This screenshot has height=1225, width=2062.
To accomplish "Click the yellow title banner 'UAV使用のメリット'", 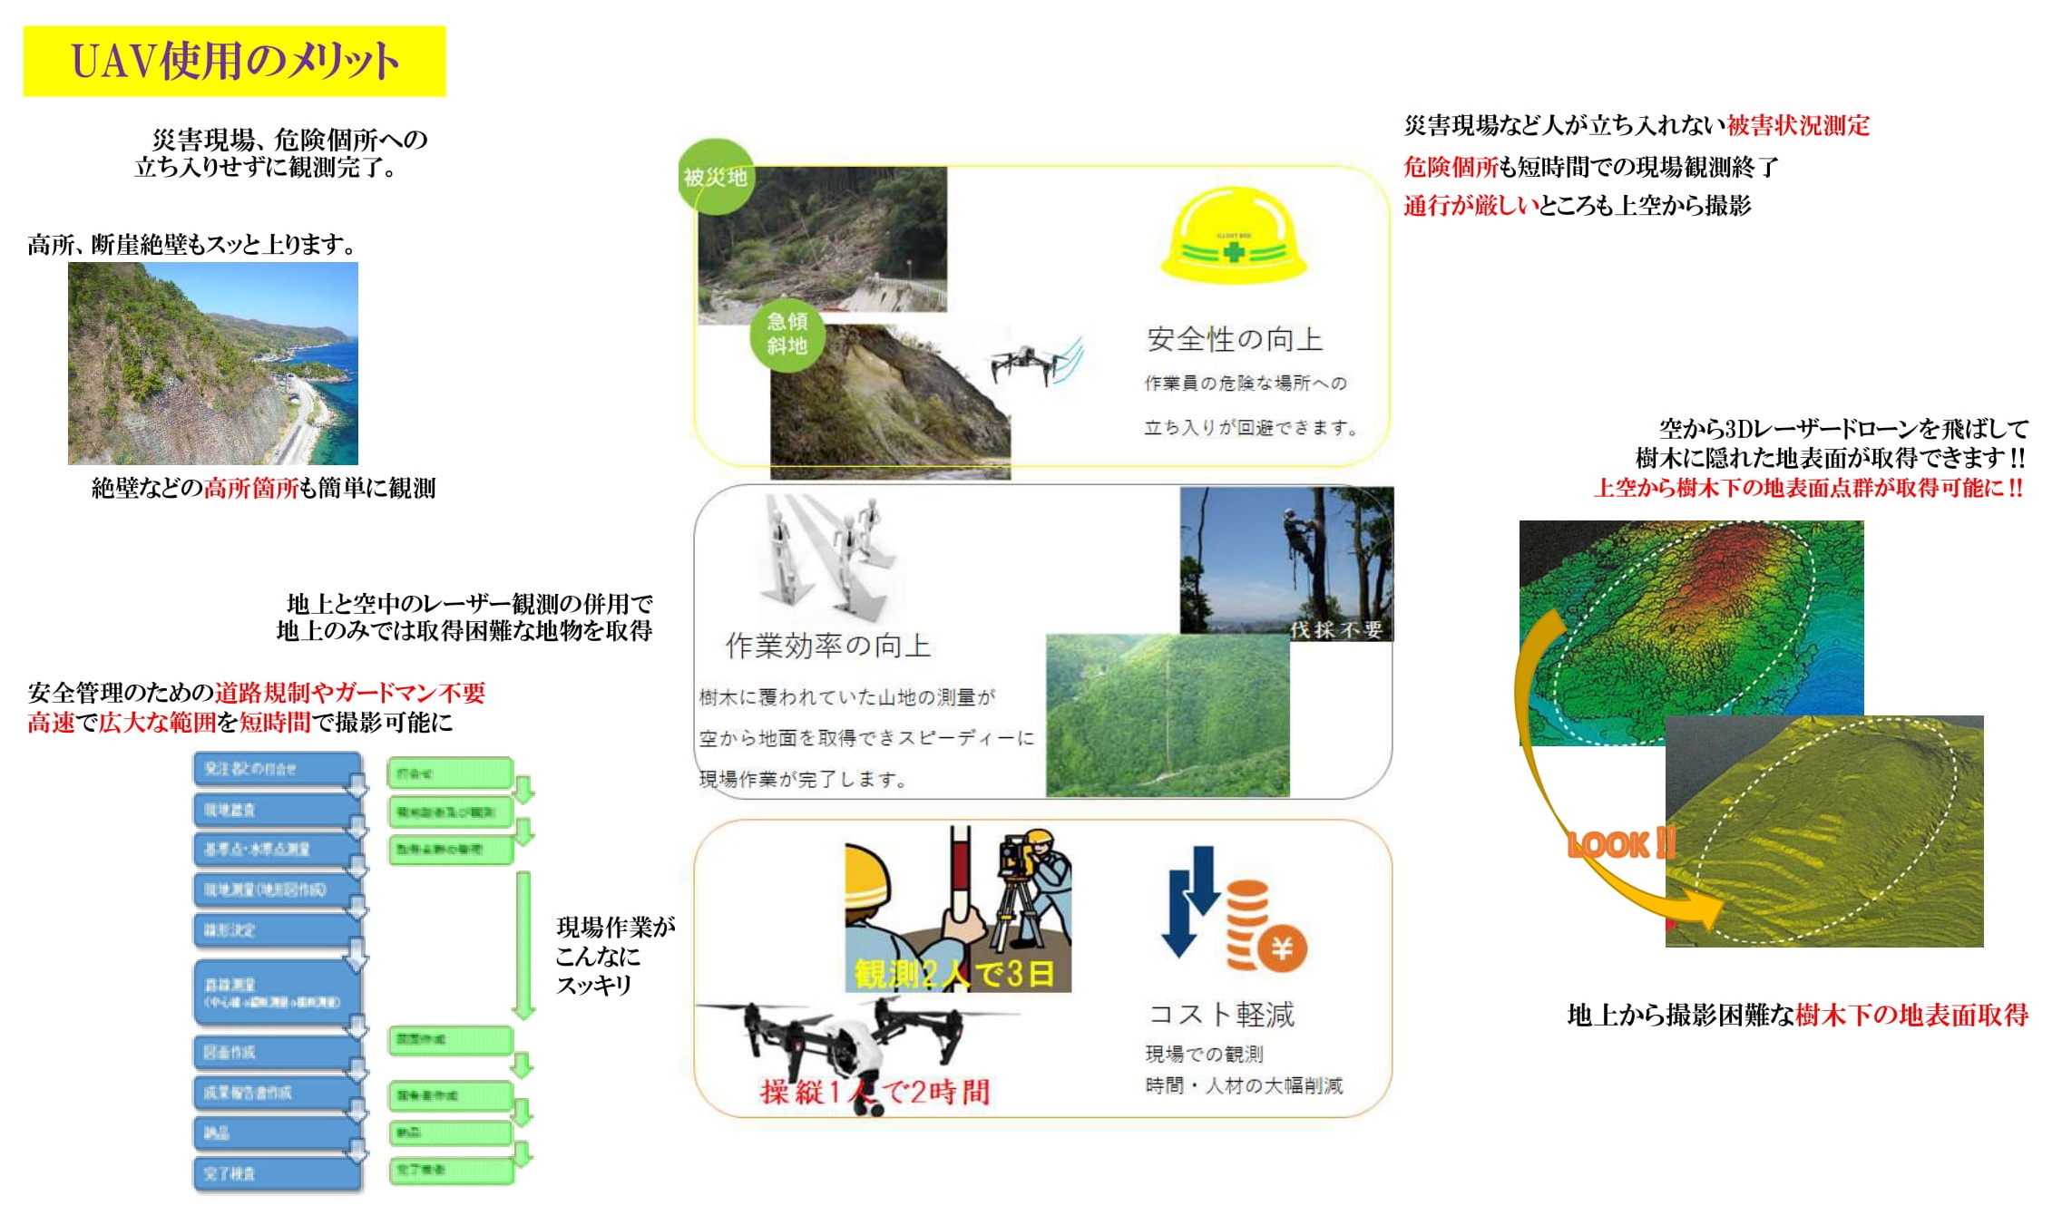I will [x=234, y=61].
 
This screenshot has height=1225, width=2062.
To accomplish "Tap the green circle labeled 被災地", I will [x=716, y=176].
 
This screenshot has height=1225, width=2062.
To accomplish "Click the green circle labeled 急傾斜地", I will [x=787, y=334].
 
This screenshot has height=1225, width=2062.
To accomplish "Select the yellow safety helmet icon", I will [x=1233, y=235].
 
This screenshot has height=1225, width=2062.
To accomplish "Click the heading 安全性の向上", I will [x=1234, y=339].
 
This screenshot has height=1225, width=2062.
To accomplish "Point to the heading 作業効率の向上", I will [x=827, y=646].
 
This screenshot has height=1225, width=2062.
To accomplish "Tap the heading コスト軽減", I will [x=1221, y=1014].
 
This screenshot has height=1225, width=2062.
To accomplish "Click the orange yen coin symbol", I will [x=1282, y=948].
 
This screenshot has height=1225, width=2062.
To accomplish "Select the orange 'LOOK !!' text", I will [x=1621, y=845].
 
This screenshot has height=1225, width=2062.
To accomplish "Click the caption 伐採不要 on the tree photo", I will [x=1336, y=629].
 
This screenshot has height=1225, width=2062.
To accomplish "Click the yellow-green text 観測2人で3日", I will [x=954, y=974].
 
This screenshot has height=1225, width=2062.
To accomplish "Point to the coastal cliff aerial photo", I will [x=213, y=364].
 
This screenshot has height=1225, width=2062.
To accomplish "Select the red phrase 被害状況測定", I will [x=1798, y=125].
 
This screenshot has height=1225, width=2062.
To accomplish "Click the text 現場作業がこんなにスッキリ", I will [x=614, y=956].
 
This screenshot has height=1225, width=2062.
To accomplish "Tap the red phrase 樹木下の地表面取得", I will [x=1911, y=1015].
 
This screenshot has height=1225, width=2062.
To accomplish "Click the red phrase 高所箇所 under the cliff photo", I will [x=251, y=489].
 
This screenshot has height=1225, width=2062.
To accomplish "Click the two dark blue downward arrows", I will [x=1191, y=901].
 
